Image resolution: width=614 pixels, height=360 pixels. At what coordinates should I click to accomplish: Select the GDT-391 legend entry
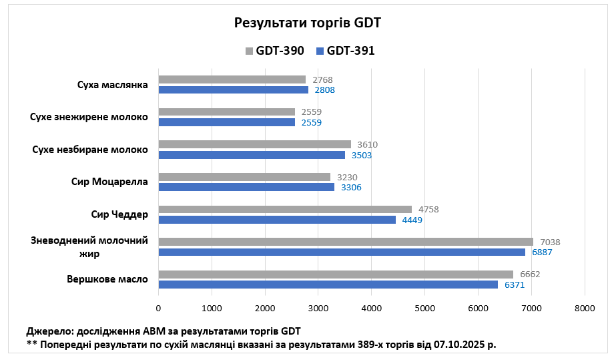tap(345, 50)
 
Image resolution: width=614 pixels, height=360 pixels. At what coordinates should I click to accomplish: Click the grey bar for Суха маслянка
tap(232, 79)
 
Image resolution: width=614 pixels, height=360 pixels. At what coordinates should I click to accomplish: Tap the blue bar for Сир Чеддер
tap(277, 220)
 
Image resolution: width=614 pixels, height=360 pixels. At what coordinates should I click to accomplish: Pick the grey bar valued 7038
tap(346, 242)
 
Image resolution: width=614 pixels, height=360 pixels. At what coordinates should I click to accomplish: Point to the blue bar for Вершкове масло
tap(328, 285)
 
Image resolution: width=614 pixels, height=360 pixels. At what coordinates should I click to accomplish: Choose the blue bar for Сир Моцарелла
tap(246, 188)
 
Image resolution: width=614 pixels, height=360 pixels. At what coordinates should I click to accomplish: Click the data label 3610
tap(367, 144)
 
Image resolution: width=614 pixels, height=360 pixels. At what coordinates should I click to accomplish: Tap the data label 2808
tap(324, 90)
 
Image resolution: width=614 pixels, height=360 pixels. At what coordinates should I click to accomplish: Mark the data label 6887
tap(542, 252)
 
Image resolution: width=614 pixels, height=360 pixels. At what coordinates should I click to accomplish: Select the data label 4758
tap(428, 209)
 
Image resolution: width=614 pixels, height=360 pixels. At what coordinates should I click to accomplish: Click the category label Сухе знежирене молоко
tap(89, 117)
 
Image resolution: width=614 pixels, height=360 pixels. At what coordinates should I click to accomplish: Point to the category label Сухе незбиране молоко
tap(90, 149)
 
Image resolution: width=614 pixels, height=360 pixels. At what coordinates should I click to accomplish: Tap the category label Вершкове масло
tap(107, 279)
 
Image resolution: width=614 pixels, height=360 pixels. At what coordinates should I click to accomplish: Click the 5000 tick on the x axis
tap(424, 308)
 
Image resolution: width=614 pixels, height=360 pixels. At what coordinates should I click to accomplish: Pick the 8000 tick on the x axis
tap(585, 308)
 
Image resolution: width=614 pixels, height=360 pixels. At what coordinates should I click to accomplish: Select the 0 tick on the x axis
tap(158, 308)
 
